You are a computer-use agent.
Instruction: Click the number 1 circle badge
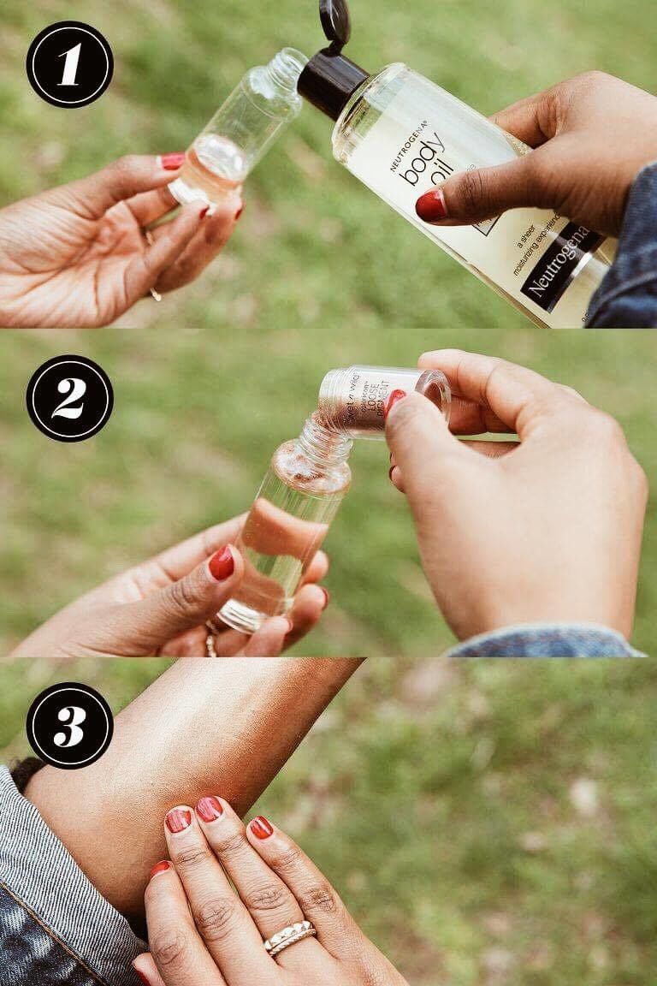click(x=69, y=64)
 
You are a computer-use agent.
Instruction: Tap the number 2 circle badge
click(x=69, y=398)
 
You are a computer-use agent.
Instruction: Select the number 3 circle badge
click(x=69, y=726)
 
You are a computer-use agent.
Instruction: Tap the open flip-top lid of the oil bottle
click(x=334, y=21)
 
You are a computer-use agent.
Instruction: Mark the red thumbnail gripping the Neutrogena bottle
click(x=431, y=205)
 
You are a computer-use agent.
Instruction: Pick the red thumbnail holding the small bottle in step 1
click(x=172, y=161)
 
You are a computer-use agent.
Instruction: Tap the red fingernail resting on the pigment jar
click(x=394, y=401)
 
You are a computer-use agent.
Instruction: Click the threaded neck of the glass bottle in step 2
click(x=326, y=446)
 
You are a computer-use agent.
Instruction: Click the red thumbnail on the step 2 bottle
click(x=222, y=563)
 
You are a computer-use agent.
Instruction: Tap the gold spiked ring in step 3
click(x=289, y=937)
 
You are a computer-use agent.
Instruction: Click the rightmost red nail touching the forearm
click(x=261, y=828)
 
